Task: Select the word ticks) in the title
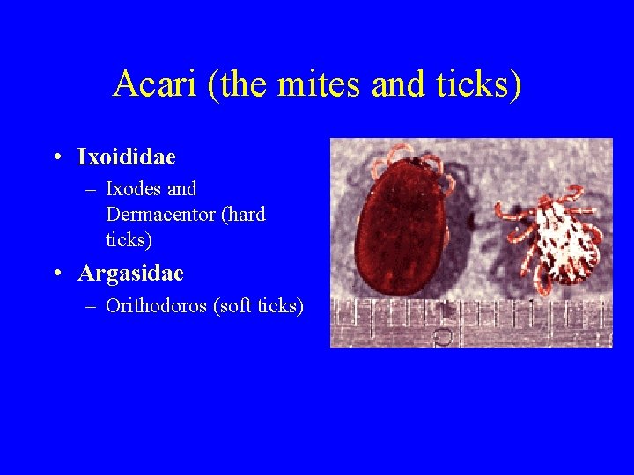(x=479, y=84)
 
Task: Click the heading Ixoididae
(x=127, y=157)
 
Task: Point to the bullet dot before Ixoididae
(x=56, y=158)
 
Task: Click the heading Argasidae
(x=130, y=274)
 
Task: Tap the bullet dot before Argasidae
(x=56, y=274)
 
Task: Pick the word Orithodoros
(x=156, y=306)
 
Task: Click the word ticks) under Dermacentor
(x=129, y=238)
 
